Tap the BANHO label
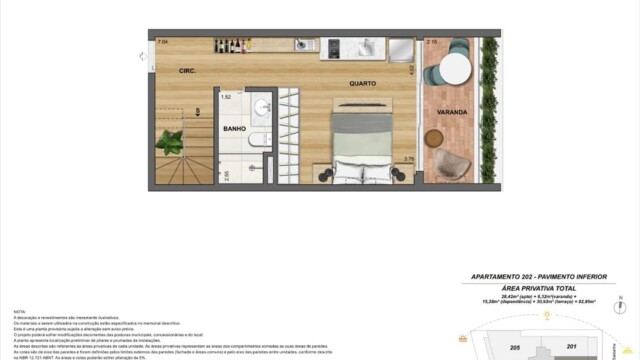pyautogui.click(x=235, y=129)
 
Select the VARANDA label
pyautogui.click(x=452, y=112)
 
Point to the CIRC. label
pyautogui.click(x=186, y=71)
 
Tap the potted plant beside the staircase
pyautogui.click(x=170, y=143)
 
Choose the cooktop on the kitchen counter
pyautogui.click(x=335, y=46)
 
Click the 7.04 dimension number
pyautogui.click(x=162, y=42)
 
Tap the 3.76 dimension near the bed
pyautogui.click(x=408, y=158)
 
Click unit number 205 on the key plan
pyautogui.click(x=514, y=347)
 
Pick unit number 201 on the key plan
pyautogui.click(x=572, y=347)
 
